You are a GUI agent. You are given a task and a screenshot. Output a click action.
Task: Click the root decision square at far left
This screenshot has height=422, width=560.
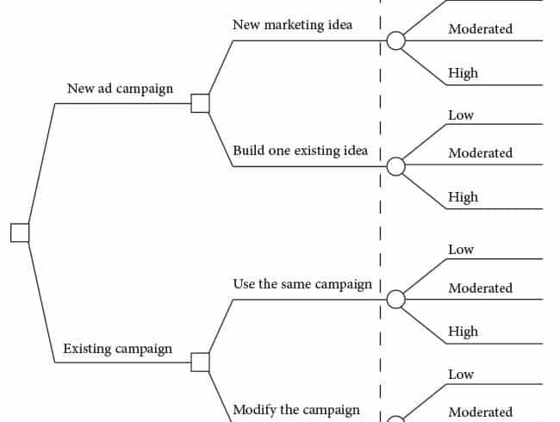[x=20, y=233]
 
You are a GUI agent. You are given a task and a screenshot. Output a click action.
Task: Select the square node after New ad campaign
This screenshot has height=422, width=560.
[x=200, y=103]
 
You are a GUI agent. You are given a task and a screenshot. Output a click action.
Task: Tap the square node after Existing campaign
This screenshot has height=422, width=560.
[x=200, y=362]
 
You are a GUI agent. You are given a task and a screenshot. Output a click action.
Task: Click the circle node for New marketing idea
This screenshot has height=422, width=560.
[x=395, y=40]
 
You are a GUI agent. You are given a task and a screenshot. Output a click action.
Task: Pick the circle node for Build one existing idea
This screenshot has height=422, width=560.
[x=395, y=166]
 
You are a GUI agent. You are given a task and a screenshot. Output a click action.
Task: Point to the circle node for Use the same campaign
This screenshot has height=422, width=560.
[x=395, y=299]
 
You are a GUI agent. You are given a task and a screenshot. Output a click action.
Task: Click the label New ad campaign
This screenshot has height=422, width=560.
[x=120, y=89]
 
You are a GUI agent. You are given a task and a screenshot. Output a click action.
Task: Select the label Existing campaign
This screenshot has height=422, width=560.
[x=117, y=349]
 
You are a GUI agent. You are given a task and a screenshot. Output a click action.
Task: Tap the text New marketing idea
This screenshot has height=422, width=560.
[x=293, y=25]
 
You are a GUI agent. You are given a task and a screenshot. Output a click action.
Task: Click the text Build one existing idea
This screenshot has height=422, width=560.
[x=301, y=151]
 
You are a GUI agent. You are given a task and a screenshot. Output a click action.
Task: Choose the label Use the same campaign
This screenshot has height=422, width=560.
[x=302, y=284]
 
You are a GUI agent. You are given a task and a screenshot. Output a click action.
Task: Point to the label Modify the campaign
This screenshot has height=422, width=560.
[x=296, y=410]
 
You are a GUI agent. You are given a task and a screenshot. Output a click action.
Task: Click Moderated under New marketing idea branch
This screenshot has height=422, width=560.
[x=481, y=28]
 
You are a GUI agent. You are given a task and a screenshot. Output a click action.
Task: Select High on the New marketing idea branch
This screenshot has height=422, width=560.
[x=464, y=73]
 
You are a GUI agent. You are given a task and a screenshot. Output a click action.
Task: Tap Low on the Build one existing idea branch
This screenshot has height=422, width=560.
[x=461, y=115]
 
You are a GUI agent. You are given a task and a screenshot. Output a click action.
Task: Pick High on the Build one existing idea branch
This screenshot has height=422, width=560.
[x=464, y=197]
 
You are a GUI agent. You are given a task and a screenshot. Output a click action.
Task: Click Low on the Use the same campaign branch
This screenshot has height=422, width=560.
[x=461, y=250]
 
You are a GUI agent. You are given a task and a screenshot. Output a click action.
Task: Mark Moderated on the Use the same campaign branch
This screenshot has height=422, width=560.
[x=481, y=288]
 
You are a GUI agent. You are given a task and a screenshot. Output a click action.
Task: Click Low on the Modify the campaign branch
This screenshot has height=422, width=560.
[x=461, y=375]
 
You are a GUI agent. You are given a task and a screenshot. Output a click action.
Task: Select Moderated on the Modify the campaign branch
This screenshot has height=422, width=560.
[x=481, y=412]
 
